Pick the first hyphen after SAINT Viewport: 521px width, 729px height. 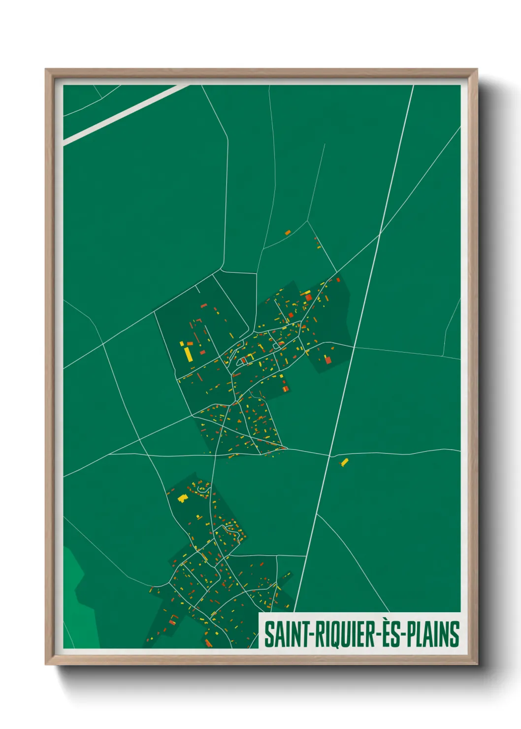pos(307,635)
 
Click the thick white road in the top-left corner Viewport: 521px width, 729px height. pos(123,113)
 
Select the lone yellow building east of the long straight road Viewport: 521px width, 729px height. pos(344,462)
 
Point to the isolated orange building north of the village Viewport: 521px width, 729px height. pos(288,232)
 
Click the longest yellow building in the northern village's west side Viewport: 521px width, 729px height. pos(188,354)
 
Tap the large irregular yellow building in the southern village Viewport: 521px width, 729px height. pos(183,498)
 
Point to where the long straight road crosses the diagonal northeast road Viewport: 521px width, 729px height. pos(380,235)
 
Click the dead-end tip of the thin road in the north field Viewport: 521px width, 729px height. pos(325,144)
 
